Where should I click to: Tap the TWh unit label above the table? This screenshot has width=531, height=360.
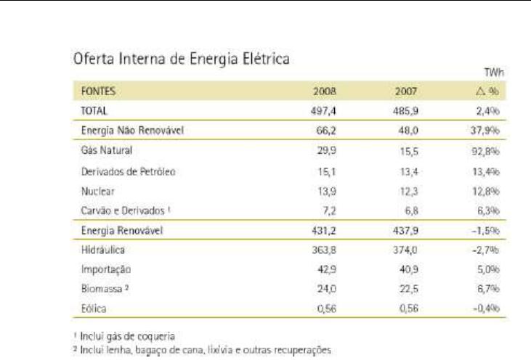coord(499,74)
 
